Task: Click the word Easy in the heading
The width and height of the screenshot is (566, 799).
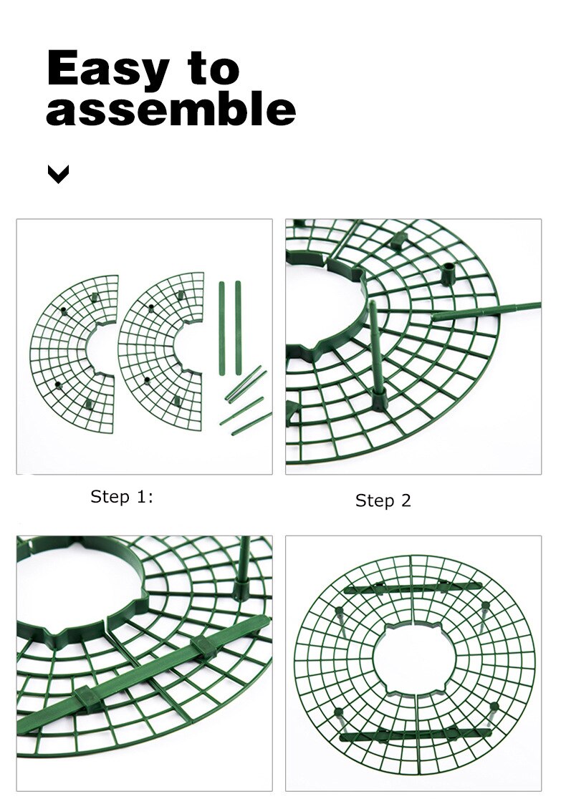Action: [x=107, y=68]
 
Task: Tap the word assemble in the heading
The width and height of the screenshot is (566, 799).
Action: [x=171, y=109]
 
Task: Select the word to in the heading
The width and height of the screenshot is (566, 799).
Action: [x=213, y=67]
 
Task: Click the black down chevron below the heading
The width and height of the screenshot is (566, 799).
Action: [x=58, y=174]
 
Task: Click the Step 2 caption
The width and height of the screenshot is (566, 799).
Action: [x=383, y=500]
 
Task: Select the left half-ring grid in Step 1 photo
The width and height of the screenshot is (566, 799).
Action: [x=74, y=353]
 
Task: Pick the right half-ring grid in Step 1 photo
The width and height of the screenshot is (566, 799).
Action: [x=161, y=351]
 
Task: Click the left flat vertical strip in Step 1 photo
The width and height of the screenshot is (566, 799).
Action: [x=222, y=328]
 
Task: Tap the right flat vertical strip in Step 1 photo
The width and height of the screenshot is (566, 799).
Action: [x=238, y=321]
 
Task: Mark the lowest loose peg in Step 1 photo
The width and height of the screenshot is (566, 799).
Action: [x=251, y=424]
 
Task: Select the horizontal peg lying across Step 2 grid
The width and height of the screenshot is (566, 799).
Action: [x=486, y=311]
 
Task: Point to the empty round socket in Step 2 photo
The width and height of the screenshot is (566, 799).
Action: [x=448, y=273]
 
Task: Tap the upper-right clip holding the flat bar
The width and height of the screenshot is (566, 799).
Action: [x=204, y=646]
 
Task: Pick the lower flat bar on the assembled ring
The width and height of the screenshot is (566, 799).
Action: [x=416, y=735]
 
